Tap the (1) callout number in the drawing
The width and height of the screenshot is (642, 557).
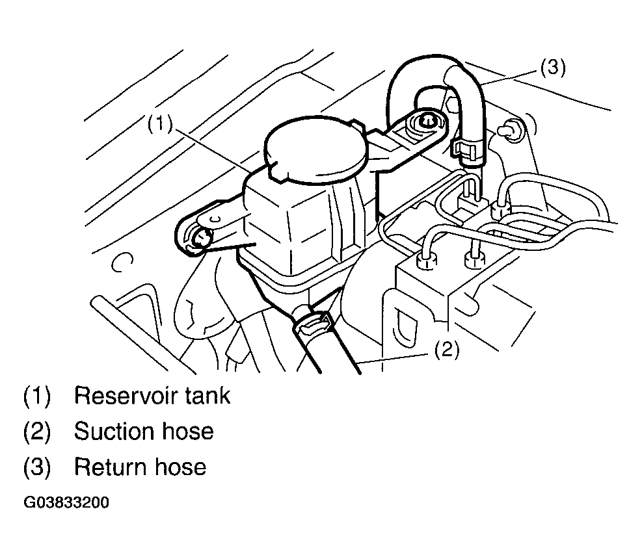pos(159,123)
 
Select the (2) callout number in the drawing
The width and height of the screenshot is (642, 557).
pos(447,349)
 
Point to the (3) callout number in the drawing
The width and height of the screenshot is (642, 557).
pos(553,67)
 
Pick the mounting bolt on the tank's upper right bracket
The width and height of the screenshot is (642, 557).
pos(426,122)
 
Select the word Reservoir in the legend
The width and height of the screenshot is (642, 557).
pos(125,396)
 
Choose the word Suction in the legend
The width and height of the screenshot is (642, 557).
pos(114,432)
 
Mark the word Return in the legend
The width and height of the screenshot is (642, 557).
pos(110,467)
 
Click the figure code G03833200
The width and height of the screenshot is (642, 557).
pos(66,502)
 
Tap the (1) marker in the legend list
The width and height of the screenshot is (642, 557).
pos(37,396)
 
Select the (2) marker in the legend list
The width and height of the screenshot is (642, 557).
pos(37,432)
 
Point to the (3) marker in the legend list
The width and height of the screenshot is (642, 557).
pos(37,467)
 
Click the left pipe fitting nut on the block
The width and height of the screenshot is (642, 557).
pos(427,261)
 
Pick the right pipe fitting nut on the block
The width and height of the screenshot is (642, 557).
pos(475,259)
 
